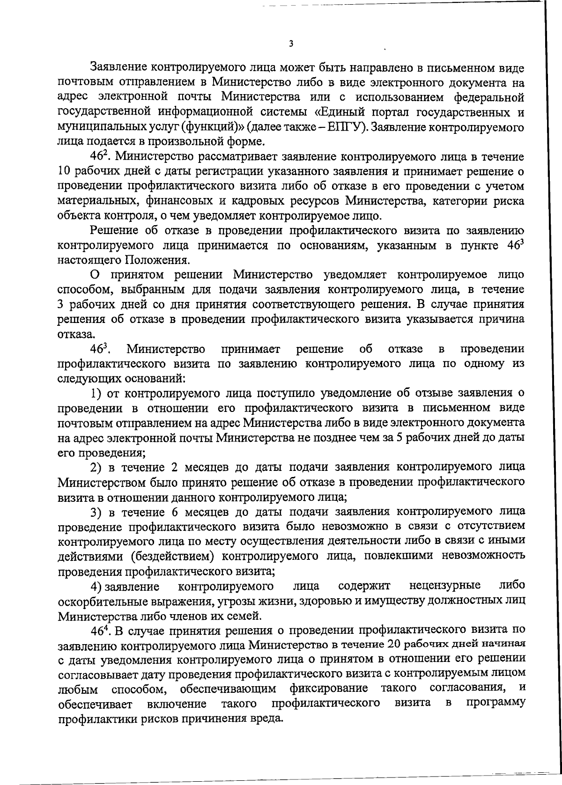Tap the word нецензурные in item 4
click(445, 586)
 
